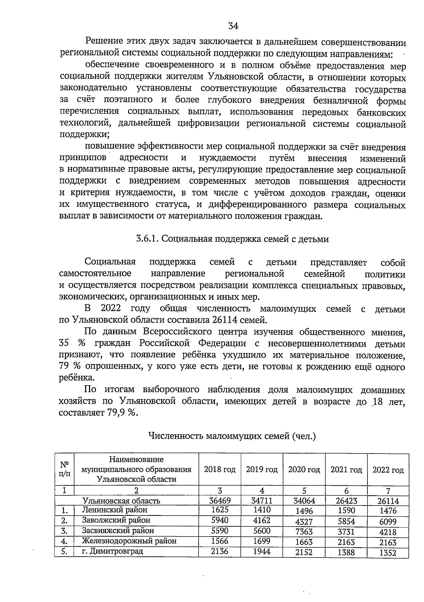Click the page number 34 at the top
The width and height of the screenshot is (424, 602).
click(233, 26)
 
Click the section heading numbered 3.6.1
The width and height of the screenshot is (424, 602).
click(232, 239)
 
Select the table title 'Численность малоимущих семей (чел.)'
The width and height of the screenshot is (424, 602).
click(232, 436)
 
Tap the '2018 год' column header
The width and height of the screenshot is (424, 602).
click(219, 469)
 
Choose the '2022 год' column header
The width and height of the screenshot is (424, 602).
click(388, 470)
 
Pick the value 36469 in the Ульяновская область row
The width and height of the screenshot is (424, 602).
click(219, 501)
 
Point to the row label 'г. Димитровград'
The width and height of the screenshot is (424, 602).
click(112, 551)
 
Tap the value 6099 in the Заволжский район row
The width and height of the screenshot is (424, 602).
click(388, 522)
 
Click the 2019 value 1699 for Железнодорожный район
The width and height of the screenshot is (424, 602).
click(262, 541)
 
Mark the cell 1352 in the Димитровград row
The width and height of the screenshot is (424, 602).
click(388, 553)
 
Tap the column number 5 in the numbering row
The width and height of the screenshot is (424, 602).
click(304, 491)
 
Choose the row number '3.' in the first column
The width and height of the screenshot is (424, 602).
click(64, 531)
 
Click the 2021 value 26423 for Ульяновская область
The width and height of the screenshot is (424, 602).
click(346, 501)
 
